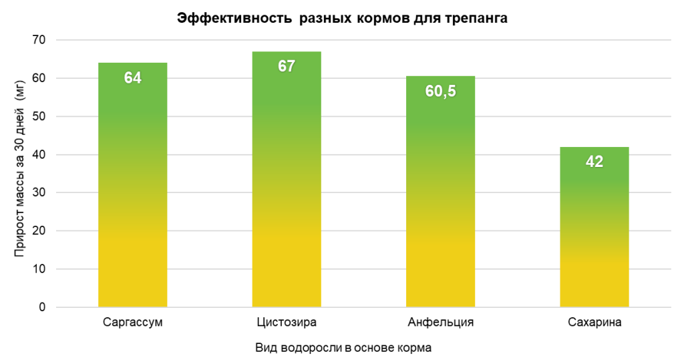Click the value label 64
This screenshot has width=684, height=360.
[x=132, y=78]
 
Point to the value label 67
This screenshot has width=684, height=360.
[x=287, y=67]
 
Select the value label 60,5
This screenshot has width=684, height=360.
[x=440, y=92]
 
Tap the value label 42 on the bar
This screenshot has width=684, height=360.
[x=594, y=162]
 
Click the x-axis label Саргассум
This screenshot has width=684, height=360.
[x=133, y=323]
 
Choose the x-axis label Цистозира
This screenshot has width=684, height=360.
[x=287, y=323]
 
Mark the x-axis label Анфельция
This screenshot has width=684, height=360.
[x=440, y=323]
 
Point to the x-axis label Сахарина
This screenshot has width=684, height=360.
[x=594, y=323]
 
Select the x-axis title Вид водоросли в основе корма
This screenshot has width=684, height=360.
[x=343, y=349]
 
